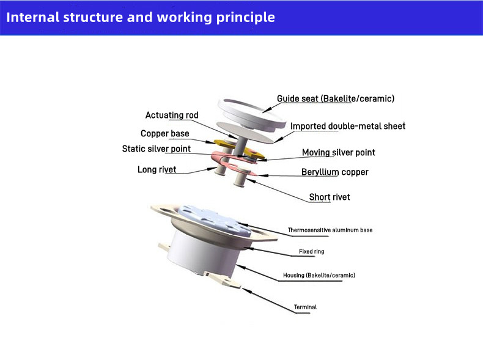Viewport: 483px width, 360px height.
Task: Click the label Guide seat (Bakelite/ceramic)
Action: point(336,98)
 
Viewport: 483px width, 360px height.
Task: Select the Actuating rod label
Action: point(172,115)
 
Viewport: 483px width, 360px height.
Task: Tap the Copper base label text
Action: point(165,133)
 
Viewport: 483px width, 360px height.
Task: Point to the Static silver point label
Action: point(157,149)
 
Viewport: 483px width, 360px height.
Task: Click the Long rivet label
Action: point(157,169)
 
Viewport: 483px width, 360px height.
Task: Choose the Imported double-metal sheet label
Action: point(348,126)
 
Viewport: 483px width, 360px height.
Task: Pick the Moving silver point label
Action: point(339,152)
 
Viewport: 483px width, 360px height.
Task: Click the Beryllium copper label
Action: point(335,172)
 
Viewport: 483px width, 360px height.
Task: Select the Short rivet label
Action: point(330,197)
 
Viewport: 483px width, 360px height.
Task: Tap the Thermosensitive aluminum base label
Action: point(330,230)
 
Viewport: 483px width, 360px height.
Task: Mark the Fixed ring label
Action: point(311,251)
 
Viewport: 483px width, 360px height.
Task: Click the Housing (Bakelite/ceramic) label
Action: point(319,275)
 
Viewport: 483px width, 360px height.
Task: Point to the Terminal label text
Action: point(305,307)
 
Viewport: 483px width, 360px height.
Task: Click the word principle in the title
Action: point(246,18)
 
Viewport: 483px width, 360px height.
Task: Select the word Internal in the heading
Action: point(32,17)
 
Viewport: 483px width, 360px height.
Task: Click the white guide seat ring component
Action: point(251,114)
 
